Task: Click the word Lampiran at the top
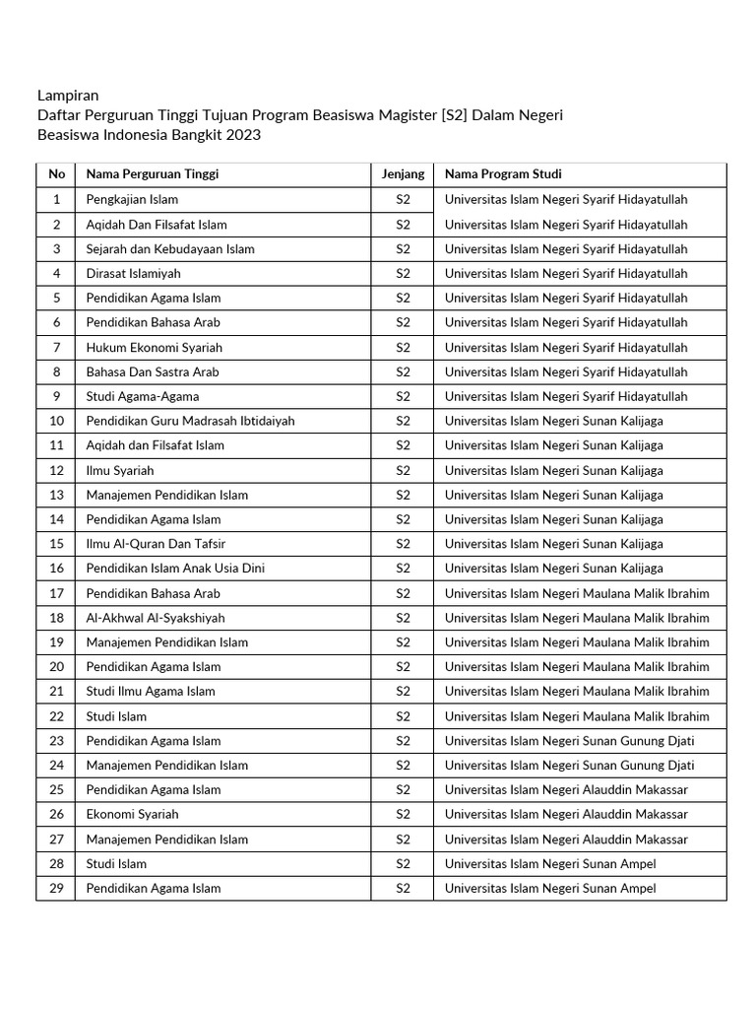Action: (68, 96)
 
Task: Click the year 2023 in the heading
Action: (243, 135)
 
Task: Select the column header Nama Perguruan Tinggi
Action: (153, 174)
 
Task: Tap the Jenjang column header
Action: (403, 174)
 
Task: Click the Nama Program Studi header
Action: (503, 174)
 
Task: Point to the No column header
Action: (56, 174)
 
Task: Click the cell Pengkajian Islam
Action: (132, 199)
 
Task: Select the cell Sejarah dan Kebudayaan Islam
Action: (170, 248)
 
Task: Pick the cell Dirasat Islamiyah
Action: (133, 273)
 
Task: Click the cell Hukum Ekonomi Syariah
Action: (155, 347)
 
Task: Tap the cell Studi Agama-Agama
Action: (143, 396)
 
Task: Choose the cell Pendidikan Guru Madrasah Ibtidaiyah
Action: (190, 421)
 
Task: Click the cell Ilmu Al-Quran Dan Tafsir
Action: (156, 544)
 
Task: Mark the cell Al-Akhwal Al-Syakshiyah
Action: (156, 618)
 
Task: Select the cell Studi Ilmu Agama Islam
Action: (151, 691)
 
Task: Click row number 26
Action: (56, 814)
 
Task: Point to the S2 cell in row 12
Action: (403, 470)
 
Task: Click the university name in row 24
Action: (569, 765)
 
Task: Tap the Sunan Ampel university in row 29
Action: (550, 888)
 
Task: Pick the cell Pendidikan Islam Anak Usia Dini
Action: (175, 569)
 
